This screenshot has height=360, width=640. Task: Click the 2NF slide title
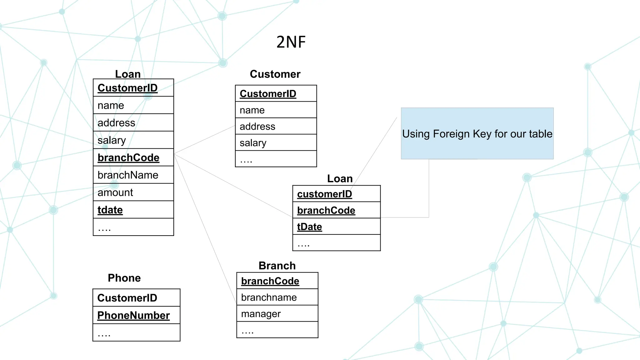[291, 42]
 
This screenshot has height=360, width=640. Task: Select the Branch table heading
[277, 266]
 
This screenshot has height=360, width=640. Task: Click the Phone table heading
[124, 278]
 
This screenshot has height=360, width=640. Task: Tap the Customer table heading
[275, 74]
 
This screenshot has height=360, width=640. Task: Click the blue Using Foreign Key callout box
[477, 134]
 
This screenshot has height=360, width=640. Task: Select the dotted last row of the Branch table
[277, 330]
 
